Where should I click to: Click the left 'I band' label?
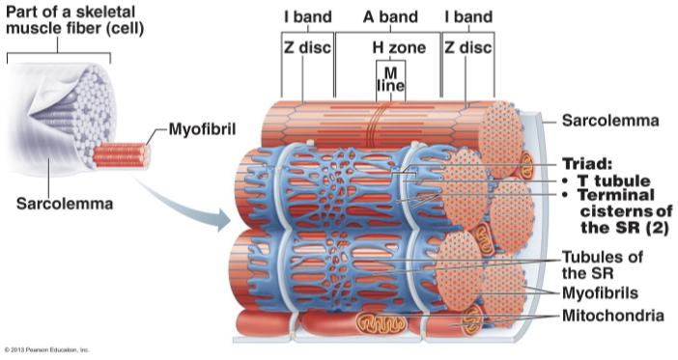[307, 17]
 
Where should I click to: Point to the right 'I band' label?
[467, 17]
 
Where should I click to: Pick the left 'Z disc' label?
[307, 47]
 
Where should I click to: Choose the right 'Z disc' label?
[467, 47]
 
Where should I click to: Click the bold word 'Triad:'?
[588, 163]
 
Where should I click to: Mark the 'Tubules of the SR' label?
[605, 265]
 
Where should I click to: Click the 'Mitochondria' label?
[613, 316]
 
